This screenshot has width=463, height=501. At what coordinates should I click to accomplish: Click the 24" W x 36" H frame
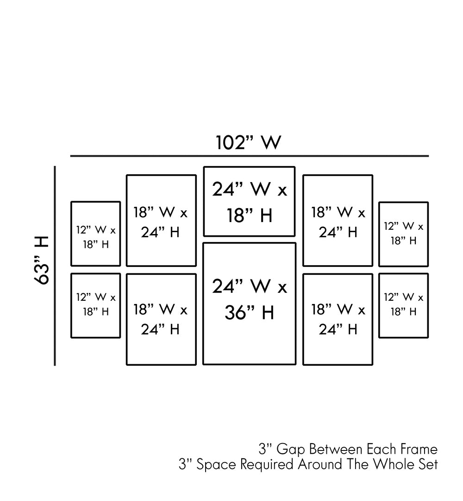(249, 304)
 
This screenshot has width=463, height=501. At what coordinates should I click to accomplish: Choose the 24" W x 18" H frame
(249, 201)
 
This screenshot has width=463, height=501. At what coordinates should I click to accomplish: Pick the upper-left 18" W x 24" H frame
(161, 221)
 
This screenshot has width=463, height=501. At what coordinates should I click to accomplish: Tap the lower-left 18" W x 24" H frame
(161, 319)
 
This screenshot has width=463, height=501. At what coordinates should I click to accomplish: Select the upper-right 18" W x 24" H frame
(338, 221)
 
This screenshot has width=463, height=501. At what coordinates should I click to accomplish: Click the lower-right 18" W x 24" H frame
(338, 319)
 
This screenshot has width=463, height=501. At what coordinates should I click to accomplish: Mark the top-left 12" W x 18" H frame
(95, 234)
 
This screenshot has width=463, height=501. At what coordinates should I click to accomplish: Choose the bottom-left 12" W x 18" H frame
(95, 305)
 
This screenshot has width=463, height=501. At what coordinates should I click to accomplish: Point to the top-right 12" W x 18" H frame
(403, 234)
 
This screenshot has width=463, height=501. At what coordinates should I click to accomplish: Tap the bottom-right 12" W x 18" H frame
(403, 305)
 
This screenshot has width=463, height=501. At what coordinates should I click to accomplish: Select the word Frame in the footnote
(419, 449)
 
